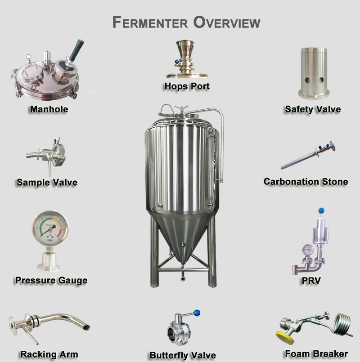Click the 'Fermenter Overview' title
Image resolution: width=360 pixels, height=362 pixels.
click(186, 22)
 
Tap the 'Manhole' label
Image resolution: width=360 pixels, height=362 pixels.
click(49, 109)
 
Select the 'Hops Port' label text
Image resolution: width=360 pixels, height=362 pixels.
click(187, 86)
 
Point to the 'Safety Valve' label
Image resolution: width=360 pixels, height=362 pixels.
click(313, 109)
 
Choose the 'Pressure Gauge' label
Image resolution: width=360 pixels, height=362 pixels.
click(51, 280)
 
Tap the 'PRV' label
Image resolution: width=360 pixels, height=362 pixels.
click(311, 282)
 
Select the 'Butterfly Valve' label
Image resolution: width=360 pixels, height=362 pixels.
click(183, 355)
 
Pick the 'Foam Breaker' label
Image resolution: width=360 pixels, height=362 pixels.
click(316, 353)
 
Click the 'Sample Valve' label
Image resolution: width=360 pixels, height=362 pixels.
click(47, 182)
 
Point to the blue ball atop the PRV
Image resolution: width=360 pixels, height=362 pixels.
click(321, 210)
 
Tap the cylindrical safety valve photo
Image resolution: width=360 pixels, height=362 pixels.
click(314, 72)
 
